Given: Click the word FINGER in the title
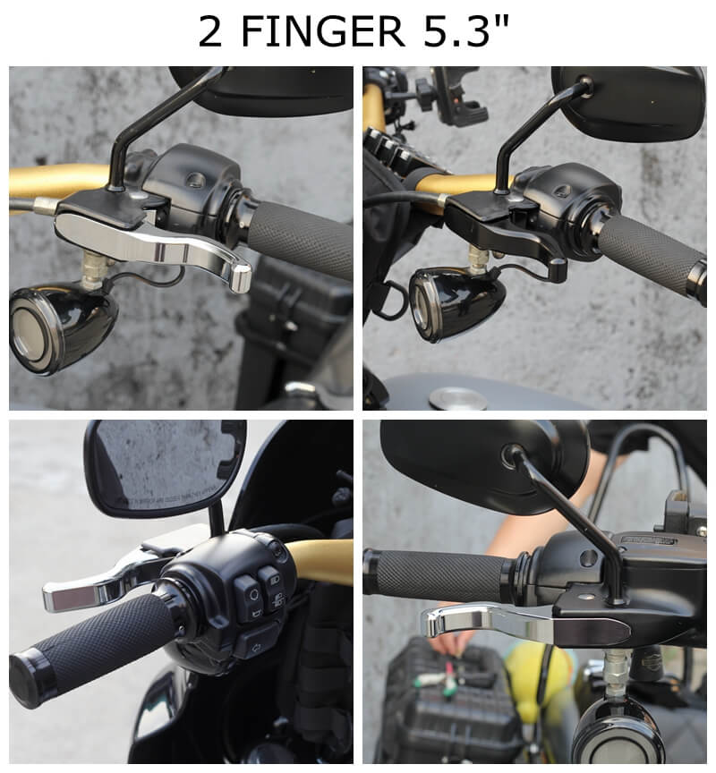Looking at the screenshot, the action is (x=323, y=31).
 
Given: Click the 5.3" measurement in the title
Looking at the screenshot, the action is (x=466, y=30).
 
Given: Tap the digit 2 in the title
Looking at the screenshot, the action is (x=210, y=31).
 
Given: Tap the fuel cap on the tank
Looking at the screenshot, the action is (x=457, y=398).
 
